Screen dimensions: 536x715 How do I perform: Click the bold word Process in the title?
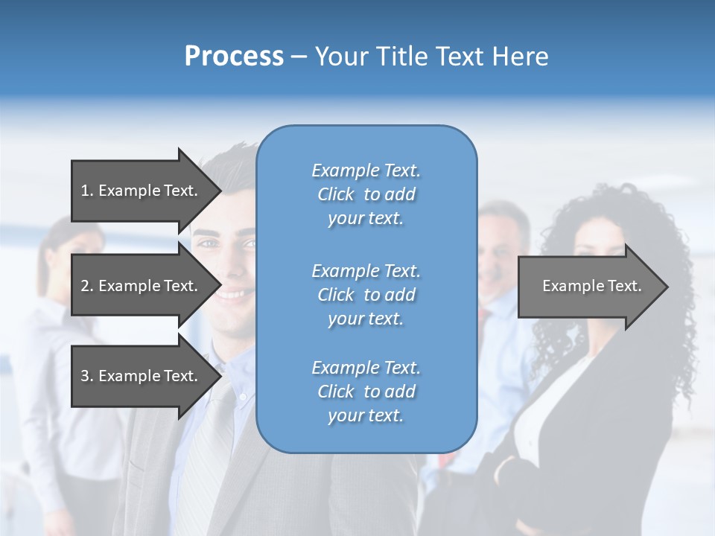point(234,57)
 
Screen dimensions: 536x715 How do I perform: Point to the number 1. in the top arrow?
point(86,191)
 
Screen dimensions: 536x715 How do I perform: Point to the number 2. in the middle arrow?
point(86,286)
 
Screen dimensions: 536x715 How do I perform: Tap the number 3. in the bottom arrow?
point(86,376)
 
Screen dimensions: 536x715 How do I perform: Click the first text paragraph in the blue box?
point(366,194)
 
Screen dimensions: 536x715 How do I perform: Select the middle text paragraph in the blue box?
point(366,295)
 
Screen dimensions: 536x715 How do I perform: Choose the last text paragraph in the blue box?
point(366,392)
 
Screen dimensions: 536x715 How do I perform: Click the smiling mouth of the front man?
point(232,293)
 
